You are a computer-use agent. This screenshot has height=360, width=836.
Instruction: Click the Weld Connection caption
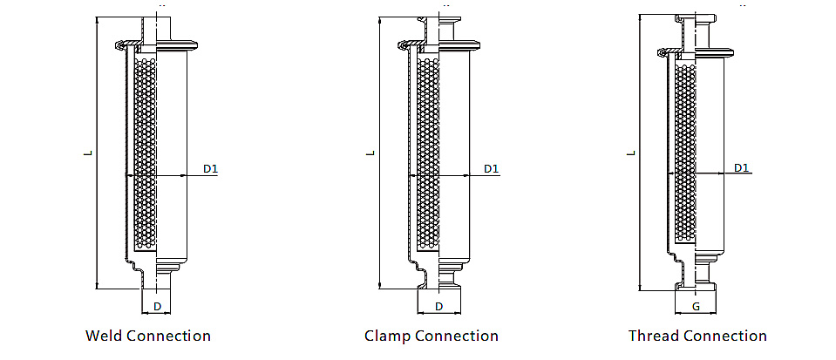pyautogui.click(x=148, y=336)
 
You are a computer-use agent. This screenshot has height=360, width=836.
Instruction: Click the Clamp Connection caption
pyautogui.click(x=432, y=336)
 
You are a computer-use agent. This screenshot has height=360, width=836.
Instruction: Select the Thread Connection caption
pyautogui.click(x=697, y=336)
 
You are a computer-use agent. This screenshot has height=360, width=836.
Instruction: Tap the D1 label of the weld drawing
pyautogui.click(x=210, y=167)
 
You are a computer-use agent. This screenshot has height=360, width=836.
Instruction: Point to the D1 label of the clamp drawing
pyautogui.click(x=491, y=167)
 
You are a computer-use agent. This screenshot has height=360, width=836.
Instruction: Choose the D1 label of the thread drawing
pyautogui.click(x=741, y=167)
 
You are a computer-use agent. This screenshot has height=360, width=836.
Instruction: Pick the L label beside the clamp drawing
pyautogui.click(x=370, y=153)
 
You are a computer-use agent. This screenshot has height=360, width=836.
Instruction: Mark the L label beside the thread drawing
pyautogui.click(x=631, y=153)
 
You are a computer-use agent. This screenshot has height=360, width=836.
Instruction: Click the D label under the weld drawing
pyautogui.click(x=157, y=306)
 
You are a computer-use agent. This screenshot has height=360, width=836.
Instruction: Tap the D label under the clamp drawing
pyautogui.click(x=438, y=306)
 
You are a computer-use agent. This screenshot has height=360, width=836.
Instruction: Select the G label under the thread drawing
pyautogui.click(x=696, y=307)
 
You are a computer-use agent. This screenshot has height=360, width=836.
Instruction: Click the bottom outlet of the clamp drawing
pyautogui.click(x=438, y=281)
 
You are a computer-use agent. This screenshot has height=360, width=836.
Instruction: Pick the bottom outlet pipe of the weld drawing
pyautogui.click(x=156, y=276)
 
